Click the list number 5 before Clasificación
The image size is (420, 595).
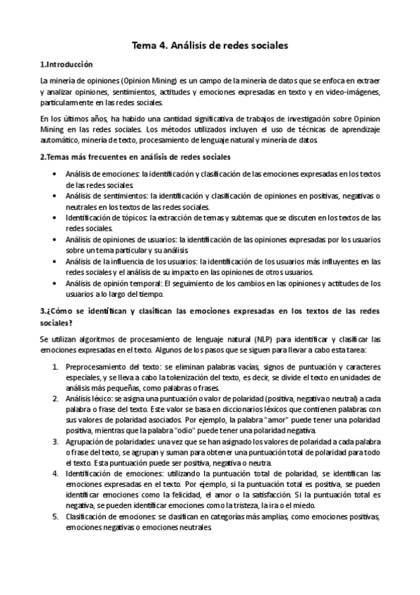[x=56, y=516]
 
